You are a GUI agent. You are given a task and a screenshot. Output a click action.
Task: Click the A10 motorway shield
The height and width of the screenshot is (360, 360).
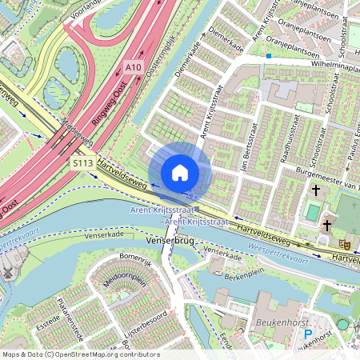click(x=134, y=70)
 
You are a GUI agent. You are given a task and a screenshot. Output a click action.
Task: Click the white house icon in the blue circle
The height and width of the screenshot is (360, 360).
click(x=180, y=172)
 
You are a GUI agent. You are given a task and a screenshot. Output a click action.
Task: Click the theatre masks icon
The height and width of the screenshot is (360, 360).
click(x=345, y=242)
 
